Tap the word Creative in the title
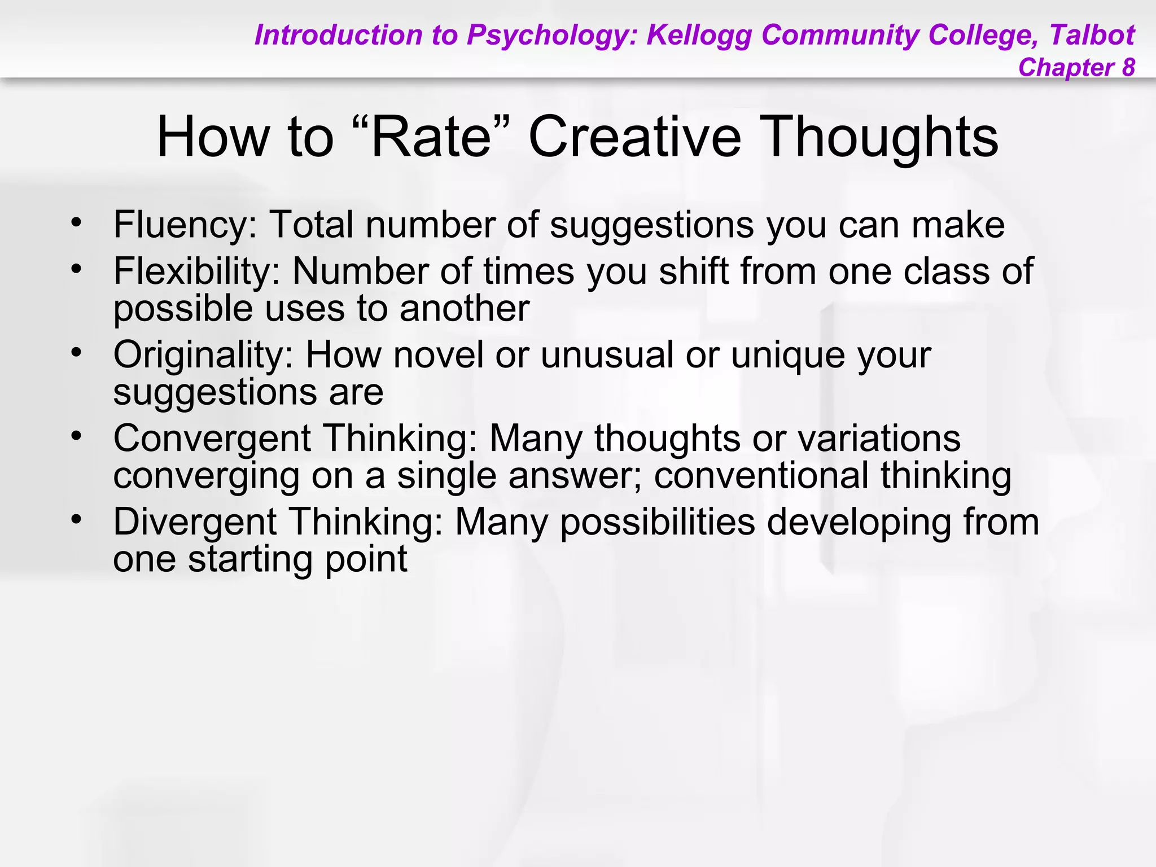634,137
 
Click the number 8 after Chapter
1128,67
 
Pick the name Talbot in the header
1092,35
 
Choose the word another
464,309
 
